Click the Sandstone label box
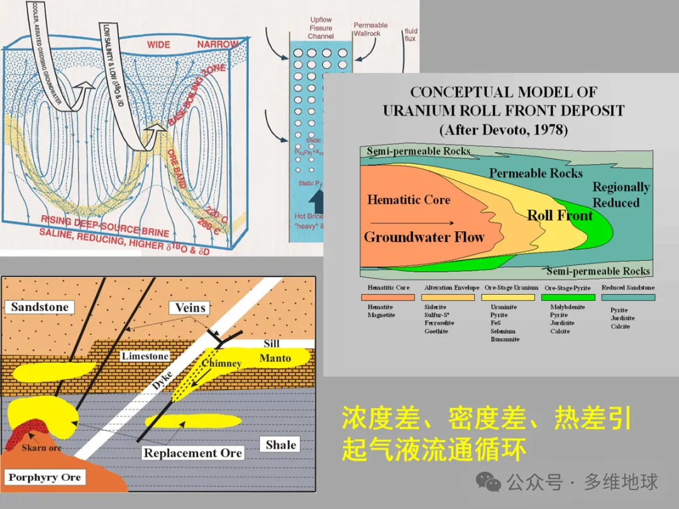pyautogui.click(x=40, y=307)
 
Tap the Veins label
pyautogui.click(x=189, y=308)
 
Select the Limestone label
pyautogui.click(x=145, y=356)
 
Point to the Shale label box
pyautogui.click(x=280, y=444)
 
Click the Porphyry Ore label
pyautogui.click(x=45, y=477)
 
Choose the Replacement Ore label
pyautogui.click(x=192, y=452)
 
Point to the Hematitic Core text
pyautogui.click(x=409, y=200)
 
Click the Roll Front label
pyautogui.click(x=560, y=216)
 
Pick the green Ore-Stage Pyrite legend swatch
pyautogui.click(x=567, y=297)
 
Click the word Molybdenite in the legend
pyautogui.click(x=567, y=307)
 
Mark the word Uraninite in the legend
pyautogui.click(x=504, y=307)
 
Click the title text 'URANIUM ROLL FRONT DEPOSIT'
pyautogui.click(x=504, y=111)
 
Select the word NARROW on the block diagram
pyautogui.click(x=218, y=45)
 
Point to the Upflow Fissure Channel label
pyautogui.click(x=321, y=28)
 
